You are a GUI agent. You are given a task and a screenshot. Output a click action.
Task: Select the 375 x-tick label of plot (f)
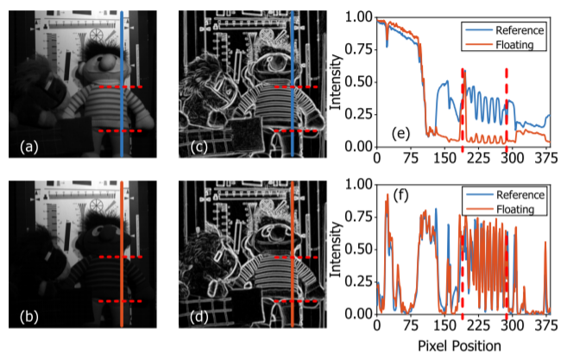(543, 326)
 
